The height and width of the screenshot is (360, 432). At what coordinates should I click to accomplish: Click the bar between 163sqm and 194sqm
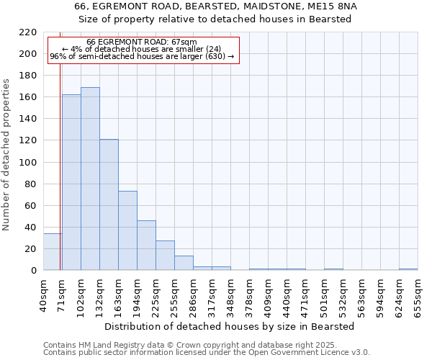click(x=127, y=230)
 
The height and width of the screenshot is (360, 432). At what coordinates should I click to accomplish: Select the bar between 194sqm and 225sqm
click(x=146, y=246)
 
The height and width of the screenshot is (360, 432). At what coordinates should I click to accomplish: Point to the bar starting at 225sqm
click(x=165, y=256)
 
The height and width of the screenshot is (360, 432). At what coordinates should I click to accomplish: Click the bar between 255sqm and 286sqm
click(x=184, y=263)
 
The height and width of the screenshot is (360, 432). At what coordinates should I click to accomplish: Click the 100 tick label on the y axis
click(x=29, y=163)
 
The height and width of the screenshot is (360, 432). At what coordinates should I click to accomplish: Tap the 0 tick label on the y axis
click(x=34, y=271)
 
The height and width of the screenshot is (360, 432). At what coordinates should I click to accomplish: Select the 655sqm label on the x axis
click(x=418, y=297)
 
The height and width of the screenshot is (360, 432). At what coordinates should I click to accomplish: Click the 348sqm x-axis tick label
click(x=230, y=297)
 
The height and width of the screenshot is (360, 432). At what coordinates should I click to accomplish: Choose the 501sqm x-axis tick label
click(x=324, y=297)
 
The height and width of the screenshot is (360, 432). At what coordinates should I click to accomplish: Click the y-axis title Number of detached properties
click(x=7, y=156)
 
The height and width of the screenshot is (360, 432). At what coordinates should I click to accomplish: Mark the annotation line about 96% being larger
click(x=142, y=56)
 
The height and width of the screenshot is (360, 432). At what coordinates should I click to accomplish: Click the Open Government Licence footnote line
click(x=207, y=352)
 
